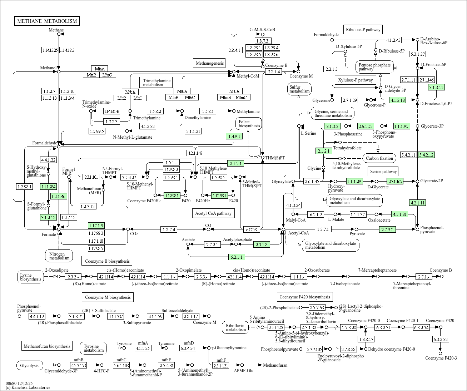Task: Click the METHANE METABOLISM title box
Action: point(47,21)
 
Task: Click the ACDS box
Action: point(252,229)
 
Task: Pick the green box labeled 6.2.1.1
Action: point(237,257)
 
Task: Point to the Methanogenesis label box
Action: point(209,63)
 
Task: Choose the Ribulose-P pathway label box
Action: point(363,30)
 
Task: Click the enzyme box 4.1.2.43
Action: point(393,40)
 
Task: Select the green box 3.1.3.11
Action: point(436,87)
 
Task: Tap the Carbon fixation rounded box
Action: point(379,158)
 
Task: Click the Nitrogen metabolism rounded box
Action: point(59,256)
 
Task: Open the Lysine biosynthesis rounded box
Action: point(31,277)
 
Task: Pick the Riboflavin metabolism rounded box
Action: point(236,327)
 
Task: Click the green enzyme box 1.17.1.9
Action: point(96,226)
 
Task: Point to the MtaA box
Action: point(100,69)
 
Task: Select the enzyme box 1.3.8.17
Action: point(366,339)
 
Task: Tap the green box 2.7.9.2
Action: point(387,229)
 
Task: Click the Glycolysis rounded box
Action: point(29,365)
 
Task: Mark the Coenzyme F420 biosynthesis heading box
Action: point(305,297)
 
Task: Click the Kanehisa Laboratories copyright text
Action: point(28,387)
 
